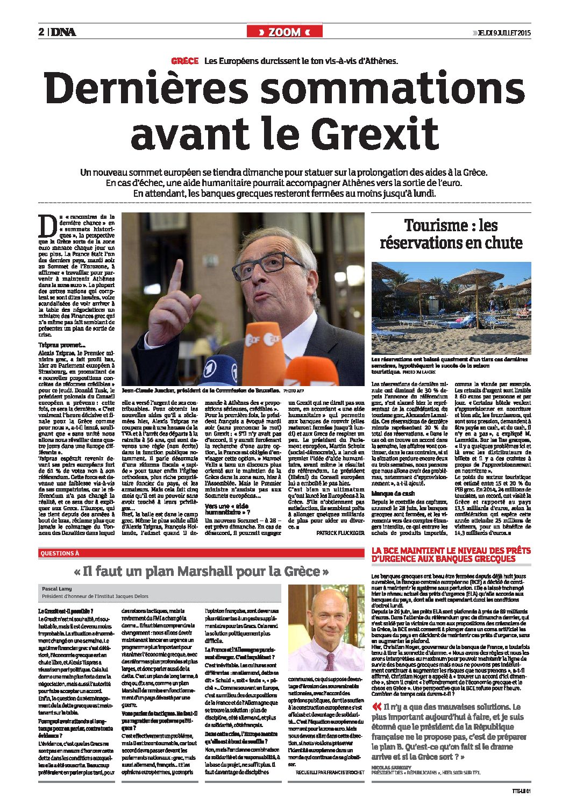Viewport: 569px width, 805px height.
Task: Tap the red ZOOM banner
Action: (284, 32)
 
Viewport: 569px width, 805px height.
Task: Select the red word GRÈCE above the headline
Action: (185, 61)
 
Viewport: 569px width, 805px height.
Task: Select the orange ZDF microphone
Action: (263, 344)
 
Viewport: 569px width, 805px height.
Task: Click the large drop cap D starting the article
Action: (47, 226)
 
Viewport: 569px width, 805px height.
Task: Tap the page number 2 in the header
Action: (41, 32)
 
